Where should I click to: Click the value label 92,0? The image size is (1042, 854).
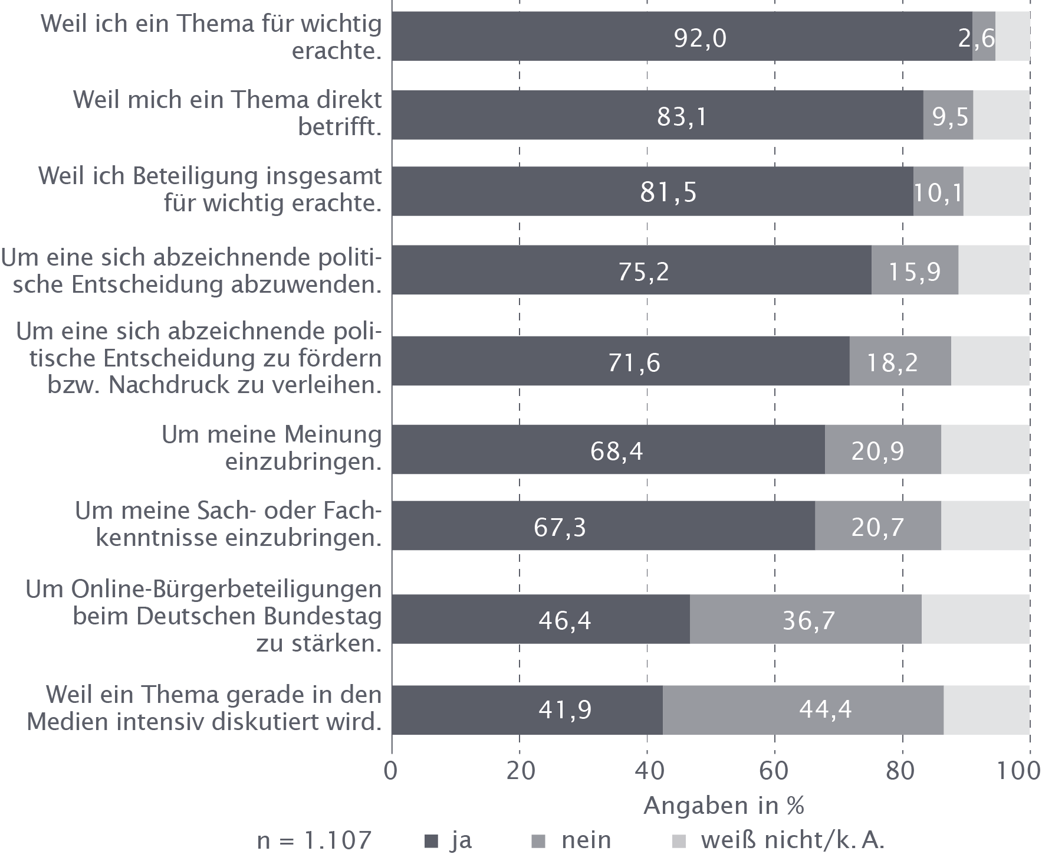(700, 39)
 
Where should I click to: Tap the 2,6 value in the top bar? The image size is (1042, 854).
(977, 39)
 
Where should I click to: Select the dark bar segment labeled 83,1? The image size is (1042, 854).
(682, 117)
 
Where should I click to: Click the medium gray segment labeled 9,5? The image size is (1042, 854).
(950, 117)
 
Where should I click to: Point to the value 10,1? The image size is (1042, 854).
(938, 192)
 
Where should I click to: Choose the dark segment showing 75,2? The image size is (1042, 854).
(643, 271)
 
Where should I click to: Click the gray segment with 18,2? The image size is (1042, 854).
(892, 362)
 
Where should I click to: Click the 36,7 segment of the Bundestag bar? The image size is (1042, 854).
(808, 621)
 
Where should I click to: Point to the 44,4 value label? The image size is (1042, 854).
(825, 709)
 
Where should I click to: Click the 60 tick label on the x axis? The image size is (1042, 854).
(774, 773)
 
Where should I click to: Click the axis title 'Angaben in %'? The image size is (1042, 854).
(724, 806)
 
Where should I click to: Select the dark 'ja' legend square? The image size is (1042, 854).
(432, 841)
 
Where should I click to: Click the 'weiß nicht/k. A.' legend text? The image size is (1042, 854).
(793, 840)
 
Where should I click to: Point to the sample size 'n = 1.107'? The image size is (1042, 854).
(314, 840)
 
